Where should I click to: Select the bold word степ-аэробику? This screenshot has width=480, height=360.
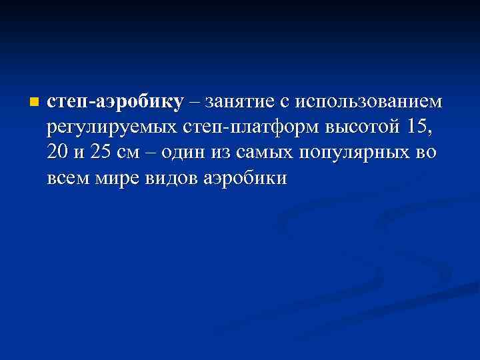pyautogui.click(x=115, y=102)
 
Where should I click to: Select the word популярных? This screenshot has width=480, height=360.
pyautogui.click(x=353, y=153)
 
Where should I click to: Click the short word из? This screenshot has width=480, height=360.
pyautogui.click(x=220, y=153)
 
